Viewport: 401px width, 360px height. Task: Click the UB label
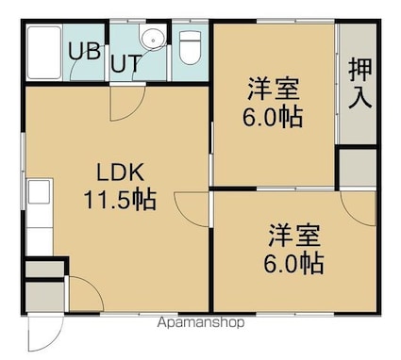[x=85, y=52]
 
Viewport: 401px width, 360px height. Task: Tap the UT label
[x=125, y=64]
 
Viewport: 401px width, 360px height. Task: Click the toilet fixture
[x=190, y=47]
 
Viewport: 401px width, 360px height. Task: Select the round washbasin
[x=153, y=40]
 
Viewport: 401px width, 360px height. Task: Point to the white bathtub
[x=44, y=53]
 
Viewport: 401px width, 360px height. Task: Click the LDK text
[x=120, y=172]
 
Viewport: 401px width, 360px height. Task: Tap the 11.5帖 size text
[x=120, y=200]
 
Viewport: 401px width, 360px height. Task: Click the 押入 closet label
[x=360, y=84]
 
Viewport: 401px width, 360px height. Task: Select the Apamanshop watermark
[x=201, y=322]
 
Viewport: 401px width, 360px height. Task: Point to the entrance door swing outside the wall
[x=45, y=333]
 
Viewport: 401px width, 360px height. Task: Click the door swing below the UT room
[x=127, y=103]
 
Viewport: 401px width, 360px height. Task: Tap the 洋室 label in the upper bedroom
[x=273, y=89]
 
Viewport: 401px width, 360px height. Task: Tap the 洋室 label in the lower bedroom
[x=293, y=236]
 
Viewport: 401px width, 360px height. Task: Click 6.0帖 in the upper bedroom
[x=273, y=117]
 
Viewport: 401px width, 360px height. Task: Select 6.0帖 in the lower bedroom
[x=293, y=263]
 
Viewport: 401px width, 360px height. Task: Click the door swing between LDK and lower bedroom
[x=192, y=209]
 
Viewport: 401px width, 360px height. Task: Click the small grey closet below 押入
[x=359, y=167]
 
